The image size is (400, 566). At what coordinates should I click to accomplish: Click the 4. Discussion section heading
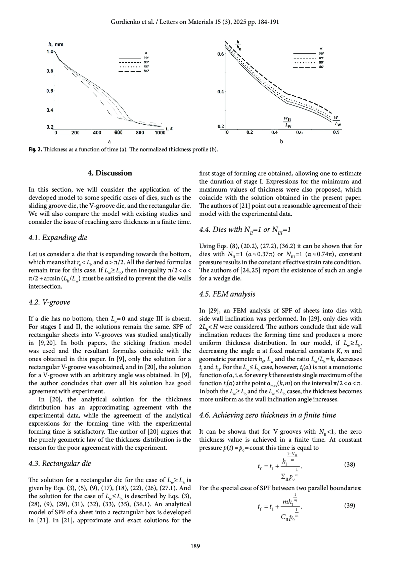click(x=110, y=173)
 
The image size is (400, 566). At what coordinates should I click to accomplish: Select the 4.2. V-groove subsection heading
click(x=49, y=302)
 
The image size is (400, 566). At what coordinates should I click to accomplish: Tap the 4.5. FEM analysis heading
click(x=227, y=294)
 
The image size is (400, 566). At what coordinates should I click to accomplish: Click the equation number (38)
click(x=349, y=464)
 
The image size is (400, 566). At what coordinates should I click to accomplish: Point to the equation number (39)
click(x=349, y=506)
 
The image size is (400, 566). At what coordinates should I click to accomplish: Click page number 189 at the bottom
click(x=195, y=546)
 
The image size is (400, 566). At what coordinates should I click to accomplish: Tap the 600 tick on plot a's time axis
click(x=118, y=133)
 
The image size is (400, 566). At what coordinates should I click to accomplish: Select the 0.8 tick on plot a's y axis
click(x=50, y=71)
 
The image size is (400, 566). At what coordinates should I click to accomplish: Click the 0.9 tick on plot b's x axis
click(x=336, y=132)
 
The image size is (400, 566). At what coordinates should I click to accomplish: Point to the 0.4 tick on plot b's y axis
click(x=221, y=91)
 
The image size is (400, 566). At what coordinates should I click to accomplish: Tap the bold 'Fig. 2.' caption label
click(x=35, y=149)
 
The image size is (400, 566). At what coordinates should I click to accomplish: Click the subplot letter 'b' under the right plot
click(x=281, y=141)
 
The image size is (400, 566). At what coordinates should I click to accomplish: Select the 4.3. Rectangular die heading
click(x=60, y=464)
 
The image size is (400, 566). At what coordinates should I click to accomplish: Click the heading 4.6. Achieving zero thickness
click(x=267, y=415)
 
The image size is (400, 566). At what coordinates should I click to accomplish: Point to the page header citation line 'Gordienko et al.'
click(x=195, y=22)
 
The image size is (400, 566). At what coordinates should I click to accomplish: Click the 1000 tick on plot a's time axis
click(x=160, y=133)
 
